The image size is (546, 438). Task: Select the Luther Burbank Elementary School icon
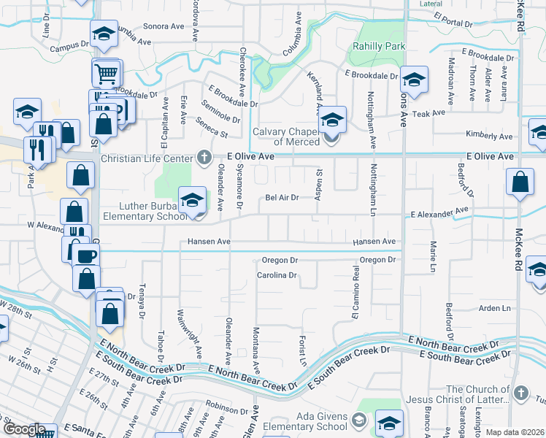pos(191,199)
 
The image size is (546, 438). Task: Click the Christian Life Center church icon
pos(204,157)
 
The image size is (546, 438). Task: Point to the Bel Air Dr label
pos(282,197)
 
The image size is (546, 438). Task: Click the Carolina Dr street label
pos(277,275)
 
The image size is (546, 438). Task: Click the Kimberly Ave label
pos(490,136)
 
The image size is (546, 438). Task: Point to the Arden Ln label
pos(494,308)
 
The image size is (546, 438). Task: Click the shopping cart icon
pos(106,72)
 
